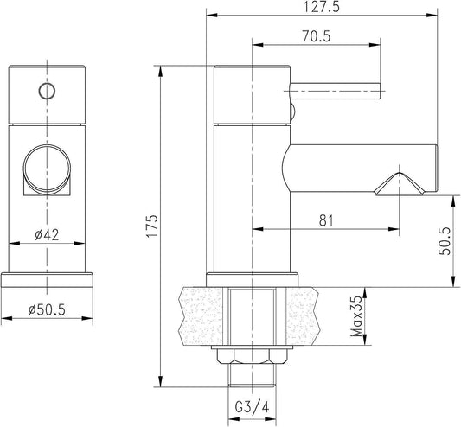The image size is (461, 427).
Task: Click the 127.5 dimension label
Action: click(321, 7)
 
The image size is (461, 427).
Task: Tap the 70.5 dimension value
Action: click(317, 36)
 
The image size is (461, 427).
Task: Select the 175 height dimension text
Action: click(153, 226)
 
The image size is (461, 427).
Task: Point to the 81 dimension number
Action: click(326, 220)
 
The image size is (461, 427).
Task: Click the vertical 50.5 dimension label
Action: click(445, 241)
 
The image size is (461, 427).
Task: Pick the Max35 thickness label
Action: click(356, 316)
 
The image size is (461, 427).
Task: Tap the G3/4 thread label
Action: click(252, 407)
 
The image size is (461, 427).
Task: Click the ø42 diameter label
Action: click(47, 235)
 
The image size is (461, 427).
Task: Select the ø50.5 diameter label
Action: click(47, 309)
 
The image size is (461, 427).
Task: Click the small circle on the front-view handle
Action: click(47, 91)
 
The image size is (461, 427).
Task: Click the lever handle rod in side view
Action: click(335, 91)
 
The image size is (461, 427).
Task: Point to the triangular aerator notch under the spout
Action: click(400, 184)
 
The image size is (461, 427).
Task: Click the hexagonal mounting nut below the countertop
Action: click(253, 357)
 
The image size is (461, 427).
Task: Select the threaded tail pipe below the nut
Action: click(252, 375)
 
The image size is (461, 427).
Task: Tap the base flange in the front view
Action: click(47, 280)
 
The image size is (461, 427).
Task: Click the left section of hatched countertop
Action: click(202, 315)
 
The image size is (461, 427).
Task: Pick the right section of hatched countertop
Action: click(302, 315)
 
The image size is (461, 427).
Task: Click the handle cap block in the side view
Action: click(253, 94)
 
